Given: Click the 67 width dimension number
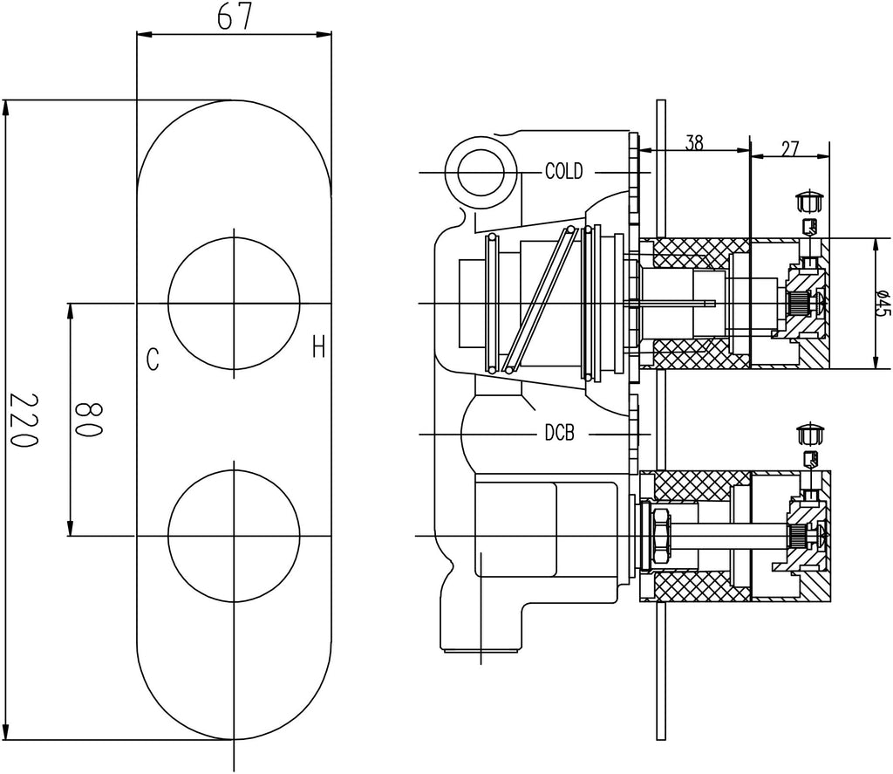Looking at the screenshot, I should (x=234, y=17).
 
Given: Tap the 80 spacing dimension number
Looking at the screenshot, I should (x=89, y=420).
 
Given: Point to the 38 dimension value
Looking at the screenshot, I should (x=694, y=143).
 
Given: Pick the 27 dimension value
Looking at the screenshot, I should (x=790, y=147).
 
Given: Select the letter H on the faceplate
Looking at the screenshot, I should (x=318, y=350).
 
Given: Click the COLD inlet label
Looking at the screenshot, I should (x=563, y=171).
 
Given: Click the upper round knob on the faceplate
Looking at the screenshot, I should (x=234, y=303).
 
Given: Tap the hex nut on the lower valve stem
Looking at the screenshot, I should (x=660, y=535).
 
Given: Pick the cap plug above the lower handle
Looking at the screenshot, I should (x=811, y=435).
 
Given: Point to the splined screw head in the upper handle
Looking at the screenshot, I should (x=798, y=303).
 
